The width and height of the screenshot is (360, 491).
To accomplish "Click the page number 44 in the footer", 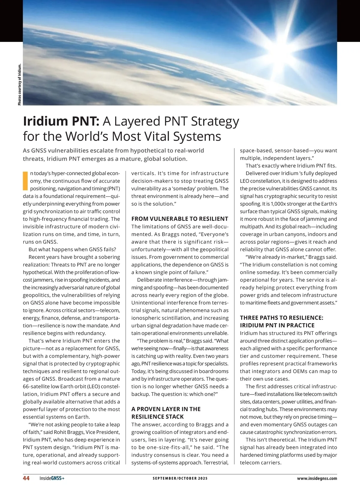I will pos(26,478).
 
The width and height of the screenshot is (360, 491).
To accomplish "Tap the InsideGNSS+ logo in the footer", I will pos(52,478).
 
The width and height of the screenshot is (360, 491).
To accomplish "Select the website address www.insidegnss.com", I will pos(317,478).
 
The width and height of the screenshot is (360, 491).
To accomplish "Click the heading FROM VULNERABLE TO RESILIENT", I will pos(180,219).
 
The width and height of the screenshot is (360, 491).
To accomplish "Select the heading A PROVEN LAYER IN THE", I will pos(166,409).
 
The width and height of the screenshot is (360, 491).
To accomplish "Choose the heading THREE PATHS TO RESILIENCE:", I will pos(281,318).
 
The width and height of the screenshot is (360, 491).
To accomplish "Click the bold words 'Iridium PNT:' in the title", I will pos(61,121).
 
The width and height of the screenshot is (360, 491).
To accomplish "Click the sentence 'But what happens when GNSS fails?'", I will pos(72,249).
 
